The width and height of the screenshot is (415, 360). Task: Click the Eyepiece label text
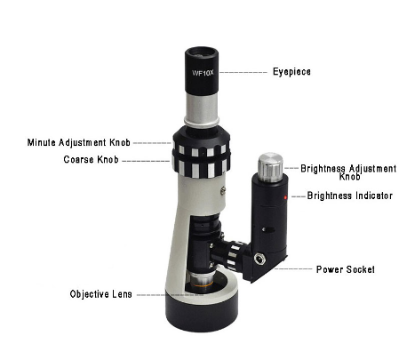click(291, 72)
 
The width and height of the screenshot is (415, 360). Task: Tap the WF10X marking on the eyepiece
click(203, 73)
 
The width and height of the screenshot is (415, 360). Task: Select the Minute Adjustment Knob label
click(79, 142)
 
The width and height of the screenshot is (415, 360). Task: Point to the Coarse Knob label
click(91, 160)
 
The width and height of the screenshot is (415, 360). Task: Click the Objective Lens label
click(101, 294)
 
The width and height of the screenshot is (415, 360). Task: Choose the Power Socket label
click(346, 269)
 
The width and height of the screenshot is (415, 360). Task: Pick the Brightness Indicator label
click(350, 196)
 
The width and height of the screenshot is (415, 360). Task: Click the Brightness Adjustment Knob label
click(348, 172)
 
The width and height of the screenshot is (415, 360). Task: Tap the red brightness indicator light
click(285, 197)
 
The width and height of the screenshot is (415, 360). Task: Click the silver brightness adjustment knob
click(270, 167)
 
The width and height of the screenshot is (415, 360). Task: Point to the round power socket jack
click(260, 260)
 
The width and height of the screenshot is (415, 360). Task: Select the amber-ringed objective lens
click(202, 281)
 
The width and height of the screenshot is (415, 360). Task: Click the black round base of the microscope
click(202, 313)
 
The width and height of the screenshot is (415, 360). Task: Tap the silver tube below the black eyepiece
click(202, 108)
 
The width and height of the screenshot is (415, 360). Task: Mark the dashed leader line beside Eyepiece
click(243, 72)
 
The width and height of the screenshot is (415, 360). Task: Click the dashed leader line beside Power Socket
click(292, 268)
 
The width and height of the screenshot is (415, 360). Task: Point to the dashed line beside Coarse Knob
click(147, 161)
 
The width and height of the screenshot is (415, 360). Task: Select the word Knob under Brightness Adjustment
click(349, 177)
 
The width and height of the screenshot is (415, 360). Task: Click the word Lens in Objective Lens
click(123, 294)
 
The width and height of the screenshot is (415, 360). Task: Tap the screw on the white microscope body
click(223, 190)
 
